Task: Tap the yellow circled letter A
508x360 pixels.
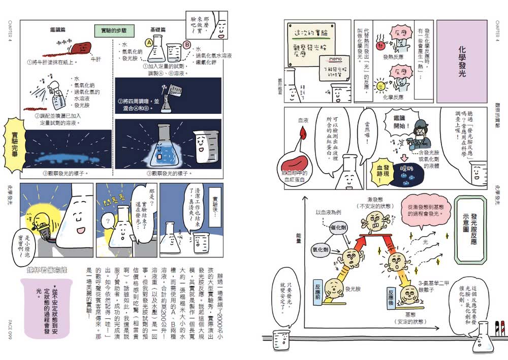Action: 150,44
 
